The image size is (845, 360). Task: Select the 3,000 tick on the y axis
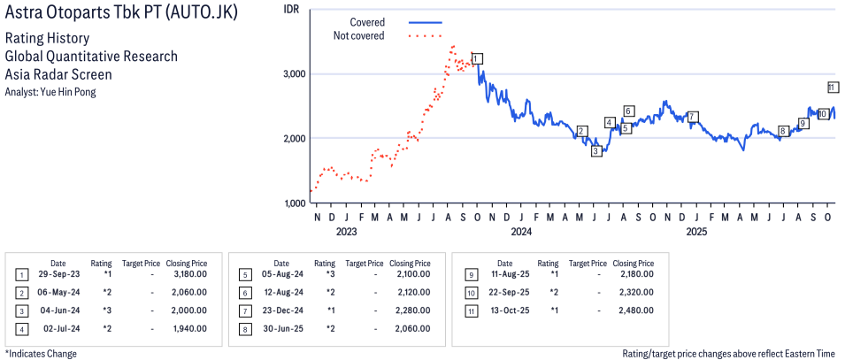(x=293, y=73)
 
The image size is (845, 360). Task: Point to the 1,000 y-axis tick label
(x=294, y=203)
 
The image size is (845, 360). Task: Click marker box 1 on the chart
(x=478, y=58)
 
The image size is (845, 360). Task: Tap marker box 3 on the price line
(x=596, y=150)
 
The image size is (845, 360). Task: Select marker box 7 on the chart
(x=693, y=117)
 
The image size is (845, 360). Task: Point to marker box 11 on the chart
(x=833, y=88)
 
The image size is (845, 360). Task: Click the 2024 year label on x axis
(x=520, y=232)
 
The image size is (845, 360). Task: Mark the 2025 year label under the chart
(x=695, y=232)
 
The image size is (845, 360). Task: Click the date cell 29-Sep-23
(x=58, y=274)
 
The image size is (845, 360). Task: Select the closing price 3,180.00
(x=187, y=274)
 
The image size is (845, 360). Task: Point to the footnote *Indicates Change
(x=40, y=354)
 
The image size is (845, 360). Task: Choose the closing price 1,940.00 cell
(x=187, y=328)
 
